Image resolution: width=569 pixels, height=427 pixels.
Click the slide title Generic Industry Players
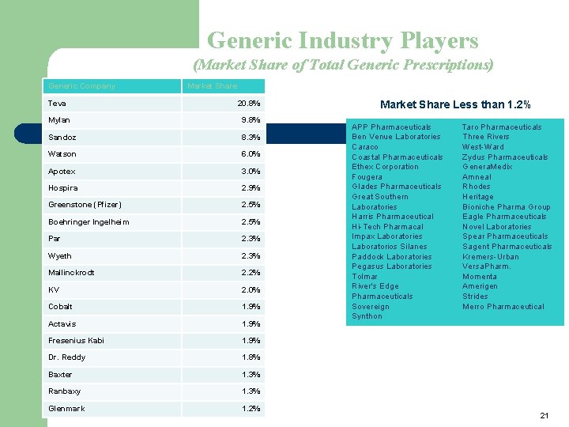click(x=342, y=40)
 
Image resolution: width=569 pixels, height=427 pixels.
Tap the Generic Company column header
click(x=81, y=86)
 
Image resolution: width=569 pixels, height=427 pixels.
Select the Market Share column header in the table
click(x=212, y=86)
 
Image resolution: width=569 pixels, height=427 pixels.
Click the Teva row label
click(x=57, y=104)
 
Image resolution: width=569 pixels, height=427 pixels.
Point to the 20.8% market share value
click(x=249, y=104)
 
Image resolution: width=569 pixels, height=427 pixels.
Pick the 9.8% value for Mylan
click(x=251, y=120)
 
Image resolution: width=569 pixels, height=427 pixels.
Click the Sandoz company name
click(x=62, y=138)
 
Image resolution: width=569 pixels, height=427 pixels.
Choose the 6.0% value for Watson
click(x=251, y=154)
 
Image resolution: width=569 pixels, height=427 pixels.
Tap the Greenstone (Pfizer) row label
click(x=85, y=205)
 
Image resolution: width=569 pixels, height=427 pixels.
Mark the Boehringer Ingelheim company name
click(x=89, y=222)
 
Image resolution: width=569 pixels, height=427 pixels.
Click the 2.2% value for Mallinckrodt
click(x=251, y=273)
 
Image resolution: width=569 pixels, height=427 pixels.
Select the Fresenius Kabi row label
click(x=76, y=341)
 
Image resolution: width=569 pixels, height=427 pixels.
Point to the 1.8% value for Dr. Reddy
click(x=251, y=357)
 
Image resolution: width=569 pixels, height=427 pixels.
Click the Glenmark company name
click(x=66, y=409)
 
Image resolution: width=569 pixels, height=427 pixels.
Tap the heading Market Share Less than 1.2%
click(x=455, y=104)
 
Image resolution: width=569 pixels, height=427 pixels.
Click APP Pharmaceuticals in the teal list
click(x=391, y=127)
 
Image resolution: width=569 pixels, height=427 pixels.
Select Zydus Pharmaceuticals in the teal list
click(x=505, y=157)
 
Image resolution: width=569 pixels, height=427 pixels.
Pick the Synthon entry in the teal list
click(x=367, y=316)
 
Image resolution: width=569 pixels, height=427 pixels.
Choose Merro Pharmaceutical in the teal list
click(x=503, y=307)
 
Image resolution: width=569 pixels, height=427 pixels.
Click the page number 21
click(x=544, y=415)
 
